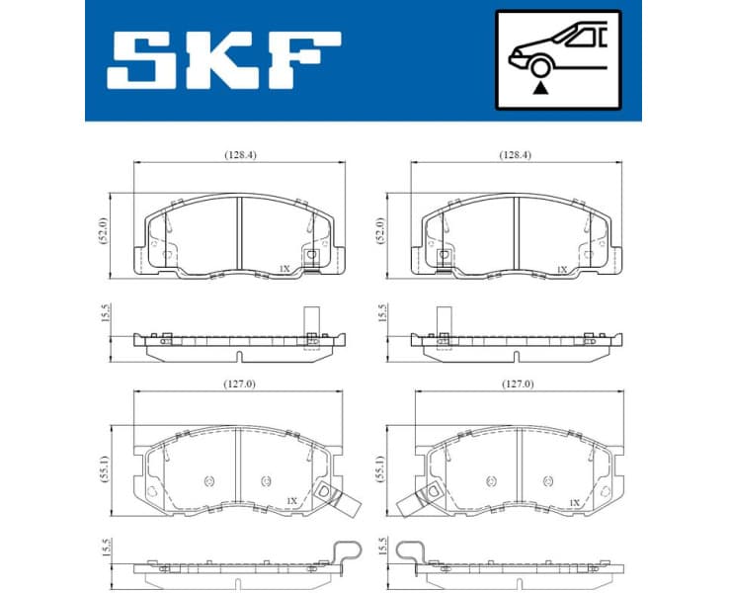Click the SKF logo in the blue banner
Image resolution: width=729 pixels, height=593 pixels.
pyautogui.click(x=224, y=59)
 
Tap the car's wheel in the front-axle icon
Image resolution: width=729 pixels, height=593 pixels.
pyautogui.click(x=539, y=68)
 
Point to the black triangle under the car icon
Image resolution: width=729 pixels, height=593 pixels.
pyautogui.click(x=539, y=88)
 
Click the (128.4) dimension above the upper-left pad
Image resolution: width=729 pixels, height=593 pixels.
pyautogui.click(x=239, y=155)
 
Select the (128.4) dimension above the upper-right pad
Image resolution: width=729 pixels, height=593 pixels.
pyautogui.click(x=515, y=155)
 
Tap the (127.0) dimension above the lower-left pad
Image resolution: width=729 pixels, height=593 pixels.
pyautogui.click(x=238, y=383)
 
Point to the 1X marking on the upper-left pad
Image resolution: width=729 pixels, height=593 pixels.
pyautogui.click(x=284, y=268)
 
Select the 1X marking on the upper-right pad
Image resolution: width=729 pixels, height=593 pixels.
pyautogui.click(x=562, y=268)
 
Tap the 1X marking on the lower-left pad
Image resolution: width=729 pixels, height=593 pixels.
pyautogui.click(x=292, y=502)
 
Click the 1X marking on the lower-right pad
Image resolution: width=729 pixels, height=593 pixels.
pyautogui.click(x=573, y=502)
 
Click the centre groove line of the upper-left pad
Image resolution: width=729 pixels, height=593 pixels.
pyautogui.click(x=240, y=232)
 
